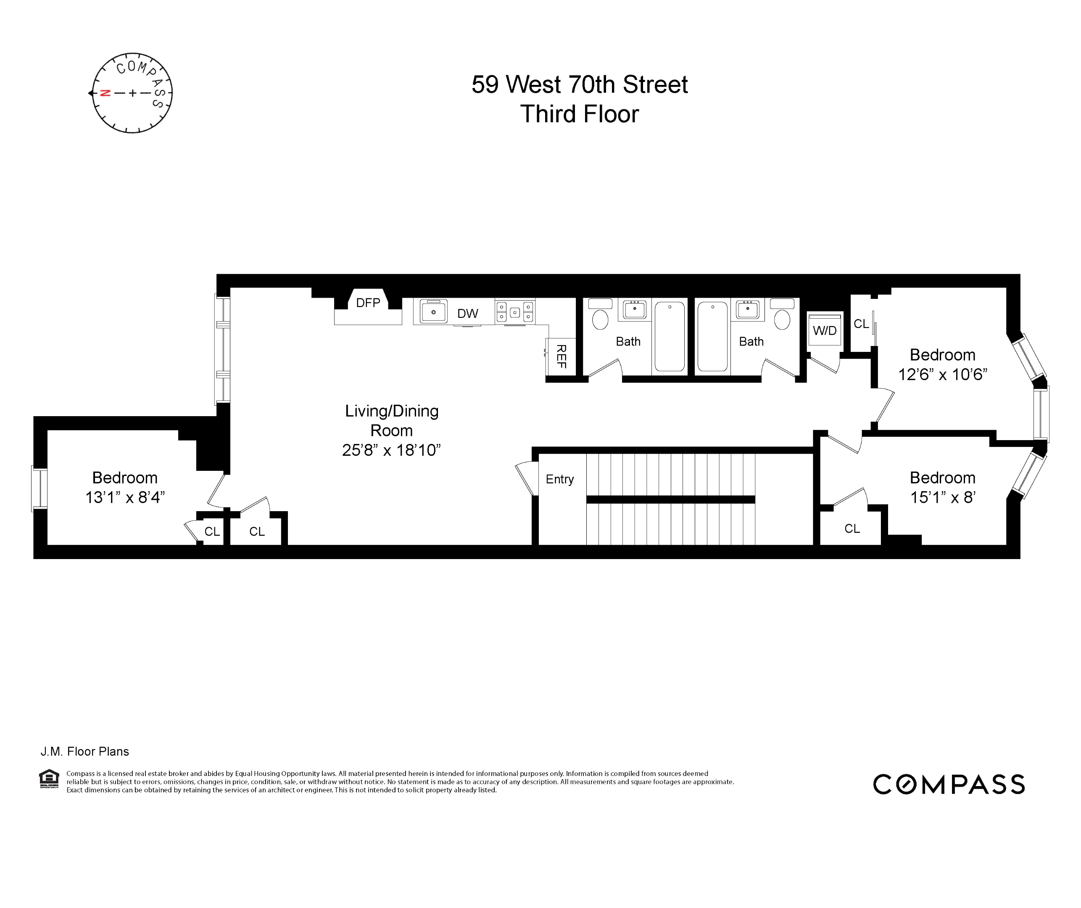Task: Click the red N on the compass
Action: pyautogui.click(x=105, y=93)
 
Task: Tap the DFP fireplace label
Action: pyautogui.click(x=368, y=303)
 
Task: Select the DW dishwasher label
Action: pyautogui.click(x=467, y=314)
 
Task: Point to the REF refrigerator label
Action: pyautogui.click(x=561, y=356)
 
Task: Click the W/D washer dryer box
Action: pyautogui.click(x=824, y=330)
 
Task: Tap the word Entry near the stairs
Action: pyautogui.click(x=559, y=479)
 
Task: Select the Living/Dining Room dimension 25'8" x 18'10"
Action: pyautogui.click(x=391, y=450)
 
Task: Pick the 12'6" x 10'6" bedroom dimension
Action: pyautogui.click(x=942, y=374)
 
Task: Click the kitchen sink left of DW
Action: pyautogui.click(x=433, y=312)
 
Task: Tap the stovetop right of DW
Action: pyautogui.click(x=515, y=312)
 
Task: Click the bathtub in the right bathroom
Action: pyautogui.click(x=712, y=337)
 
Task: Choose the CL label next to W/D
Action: pyautogui.click(x=861, y=324)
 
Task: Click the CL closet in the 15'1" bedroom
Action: pyautogui.click(x=852, y=529)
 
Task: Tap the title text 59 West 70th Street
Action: pyautogui.click(x=580, y=84)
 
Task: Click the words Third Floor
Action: pyautogui.click(x=580, y=114)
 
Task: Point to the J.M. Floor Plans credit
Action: pyautogui.click(x=85, y=752)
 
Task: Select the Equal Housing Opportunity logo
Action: pyautogui.click(x=50, y=779)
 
